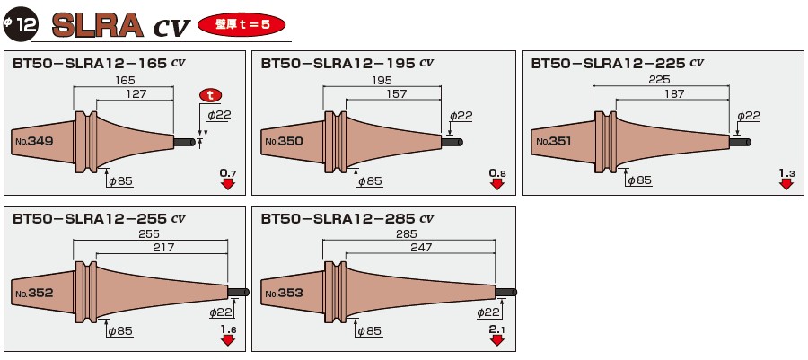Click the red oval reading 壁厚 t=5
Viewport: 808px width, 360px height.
[x=242, y=23]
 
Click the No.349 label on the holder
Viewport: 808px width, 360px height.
[x=34, y=141]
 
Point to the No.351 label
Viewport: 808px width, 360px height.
[x=553, y=141]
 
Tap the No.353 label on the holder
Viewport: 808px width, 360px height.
[x=282, y=294]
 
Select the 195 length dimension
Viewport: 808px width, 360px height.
[x=382, y=81]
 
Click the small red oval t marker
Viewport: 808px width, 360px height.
[x=210, y=94]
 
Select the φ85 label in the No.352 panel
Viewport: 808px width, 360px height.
[x=119, y=332]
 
